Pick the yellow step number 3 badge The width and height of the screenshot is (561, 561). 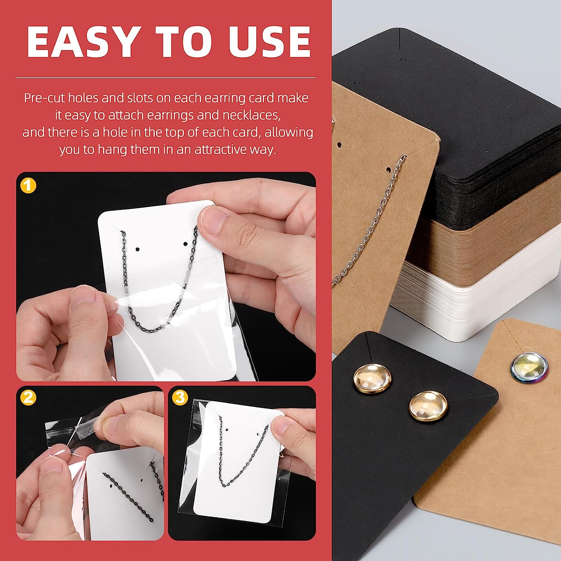pyautogui.click(x=180, y=397)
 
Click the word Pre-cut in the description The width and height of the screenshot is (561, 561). pyautogui.click(x=42, y=98)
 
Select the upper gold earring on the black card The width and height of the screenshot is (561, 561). pyautogui.click(x=373, y=378)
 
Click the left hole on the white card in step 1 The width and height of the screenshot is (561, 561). pyautogui.click(x=137, y=249)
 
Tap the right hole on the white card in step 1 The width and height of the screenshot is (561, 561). pyautogui.click(x=185, y=244)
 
